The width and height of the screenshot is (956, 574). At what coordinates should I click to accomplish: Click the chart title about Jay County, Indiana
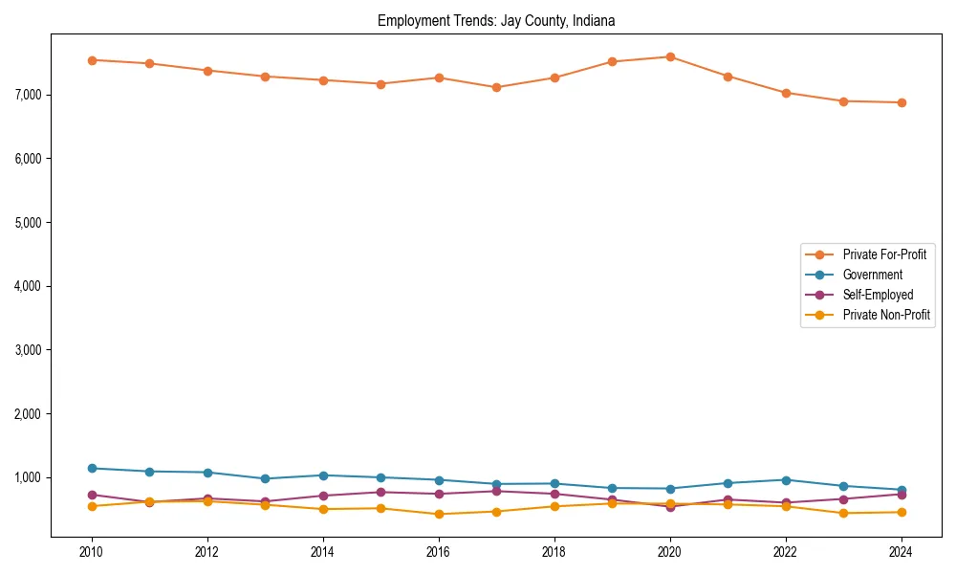tap(495, 20)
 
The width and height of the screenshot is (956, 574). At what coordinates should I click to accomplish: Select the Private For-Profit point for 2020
tap(670, 57)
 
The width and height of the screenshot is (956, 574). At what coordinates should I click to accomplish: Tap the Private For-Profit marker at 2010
tap(92, 60)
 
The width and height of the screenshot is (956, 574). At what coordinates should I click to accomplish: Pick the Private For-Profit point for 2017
tap(496, 87)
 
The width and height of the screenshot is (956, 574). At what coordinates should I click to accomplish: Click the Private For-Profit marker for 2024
tap(902, 102)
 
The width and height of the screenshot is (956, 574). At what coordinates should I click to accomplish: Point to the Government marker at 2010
tap(92, 469)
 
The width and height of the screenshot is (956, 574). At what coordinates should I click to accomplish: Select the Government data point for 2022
tap(786, 480)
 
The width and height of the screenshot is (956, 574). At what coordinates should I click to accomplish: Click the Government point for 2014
tap(323, 475)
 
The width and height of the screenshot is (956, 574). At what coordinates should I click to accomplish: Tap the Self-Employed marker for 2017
tap(496, 491)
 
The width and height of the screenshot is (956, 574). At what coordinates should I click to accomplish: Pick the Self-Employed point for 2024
tap(902, 495)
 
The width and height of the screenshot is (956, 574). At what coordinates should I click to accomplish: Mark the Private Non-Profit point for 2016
tap(439, 514)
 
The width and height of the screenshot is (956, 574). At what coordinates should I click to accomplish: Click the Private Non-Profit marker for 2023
tap(843, 513)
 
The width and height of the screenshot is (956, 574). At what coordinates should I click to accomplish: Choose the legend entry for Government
tap(872, 275)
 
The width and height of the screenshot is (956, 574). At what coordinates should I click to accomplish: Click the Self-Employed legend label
tap(878, 295)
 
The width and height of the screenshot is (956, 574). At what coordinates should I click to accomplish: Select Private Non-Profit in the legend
tap(886, 315)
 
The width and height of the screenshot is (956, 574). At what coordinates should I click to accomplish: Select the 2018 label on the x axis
tap(554, 552)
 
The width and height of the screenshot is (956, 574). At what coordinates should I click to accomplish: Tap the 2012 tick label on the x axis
tap(207, 552)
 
